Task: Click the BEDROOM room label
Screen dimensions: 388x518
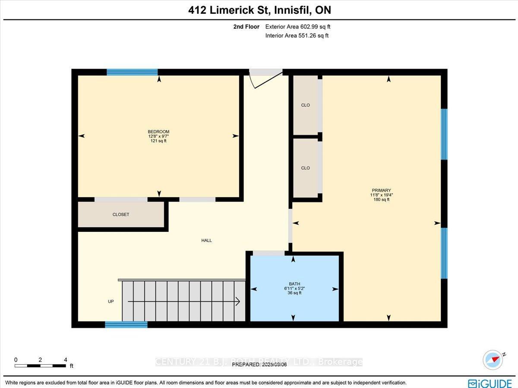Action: [x=158, y=132]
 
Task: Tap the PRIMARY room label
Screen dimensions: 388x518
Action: [x=381, y=190]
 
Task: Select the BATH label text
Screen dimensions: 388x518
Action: [x=294, y=284]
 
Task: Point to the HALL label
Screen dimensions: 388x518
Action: [x=206, y=240]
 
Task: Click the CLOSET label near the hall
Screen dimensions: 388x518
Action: [x=121, y=215]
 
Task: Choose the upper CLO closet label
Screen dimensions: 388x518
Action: [x=305, y=105]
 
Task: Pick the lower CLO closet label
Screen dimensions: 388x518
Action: [x=305, y=168]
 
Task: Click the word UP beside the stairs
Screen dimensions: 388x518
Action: [x=111, y=301]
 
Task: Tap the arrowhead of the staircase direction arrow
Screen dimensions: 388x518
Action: [x=238, y=301]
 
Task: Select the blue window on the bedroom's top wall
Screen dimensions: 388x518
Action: [x=132, y=72]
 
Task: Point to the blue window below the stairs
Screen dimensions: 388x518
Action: [x=126, y=325]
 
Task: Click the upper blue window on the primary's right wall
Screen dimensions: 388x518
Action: [x=444, y=134]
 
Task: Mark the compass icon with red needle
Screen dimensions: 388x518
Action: [x=493, y=360]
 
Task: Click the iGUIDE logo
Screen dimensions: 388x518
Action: [x=490, y=383]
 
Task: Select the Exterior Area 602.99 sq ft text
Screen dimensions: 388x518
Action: [x=298, y=27]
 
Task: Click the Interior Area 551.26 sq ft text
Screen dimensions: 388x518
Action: [x=297, y=36]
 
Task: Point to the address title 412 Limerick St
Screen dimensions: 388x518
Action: [x=259, y=10]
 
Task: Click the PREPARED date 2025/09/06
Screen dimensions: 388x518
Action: [x=259, y=364]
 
